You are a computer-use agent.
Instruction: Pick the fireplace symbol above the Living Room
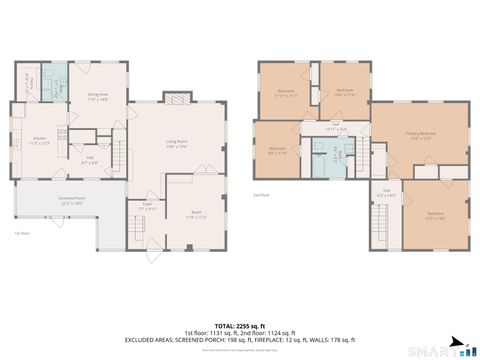pyautogui.click(x=177, y=98)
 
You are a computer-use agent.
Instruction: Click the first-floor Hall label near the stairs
pyautogui.click(x=89, y=157)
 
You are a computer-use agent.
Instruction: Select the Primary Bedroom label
pyautogui.click(x=420, y=135)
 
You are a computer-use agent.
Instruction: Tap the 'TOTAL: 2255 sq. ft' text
pyautogui.click(x=240, y=326)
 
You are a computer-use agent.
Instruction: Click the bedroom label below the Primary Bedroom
pyautogui.click(x=436, y=215)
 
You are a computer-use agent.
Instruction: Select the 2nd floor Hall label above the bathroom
pyautogui.click(x=335, y=127)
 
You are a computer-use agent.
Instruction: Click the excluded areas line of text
pyautogui.click(x=240, y=341)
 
